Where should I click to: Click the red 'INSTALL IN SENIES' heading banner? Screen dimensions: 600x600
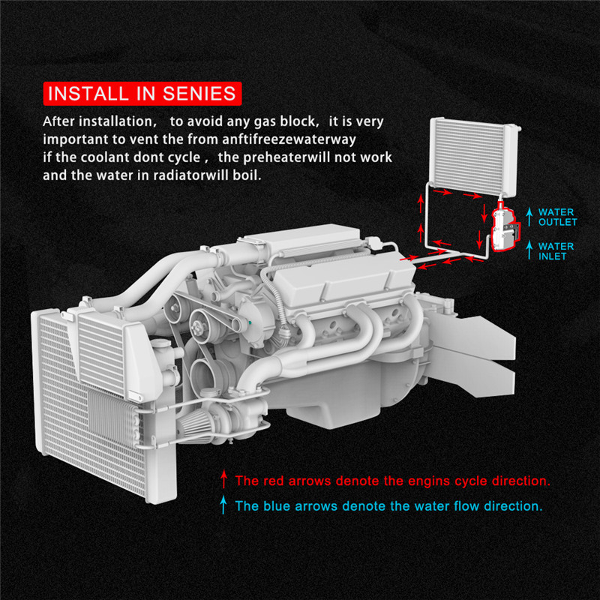(142, 93)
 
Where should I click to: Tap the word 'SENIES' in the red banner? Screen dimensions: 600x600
(199, 94)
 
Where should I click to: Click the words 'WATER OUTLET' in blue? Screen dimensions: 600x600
(557, 217)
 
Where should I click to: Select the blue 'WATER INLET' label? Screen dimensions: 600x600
(556, 251)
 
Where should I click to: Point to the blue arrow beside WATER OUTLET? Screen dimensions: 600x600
(529, 217)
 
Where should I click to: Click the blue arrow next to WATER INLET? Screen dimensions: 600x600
(529, 250)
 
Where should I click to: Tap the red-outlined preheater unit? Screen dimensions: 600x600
(505, 229)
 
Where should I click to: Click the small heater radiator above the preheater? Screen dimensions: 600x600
(474, 156)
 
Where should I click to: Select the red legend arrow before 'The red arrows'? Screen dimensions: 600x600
(223, 479)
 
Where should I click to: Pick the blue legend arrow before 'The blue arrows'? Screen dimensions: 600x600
(223, 505)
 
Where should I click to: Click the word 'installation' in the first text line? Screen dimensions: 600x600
(115, 121)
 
